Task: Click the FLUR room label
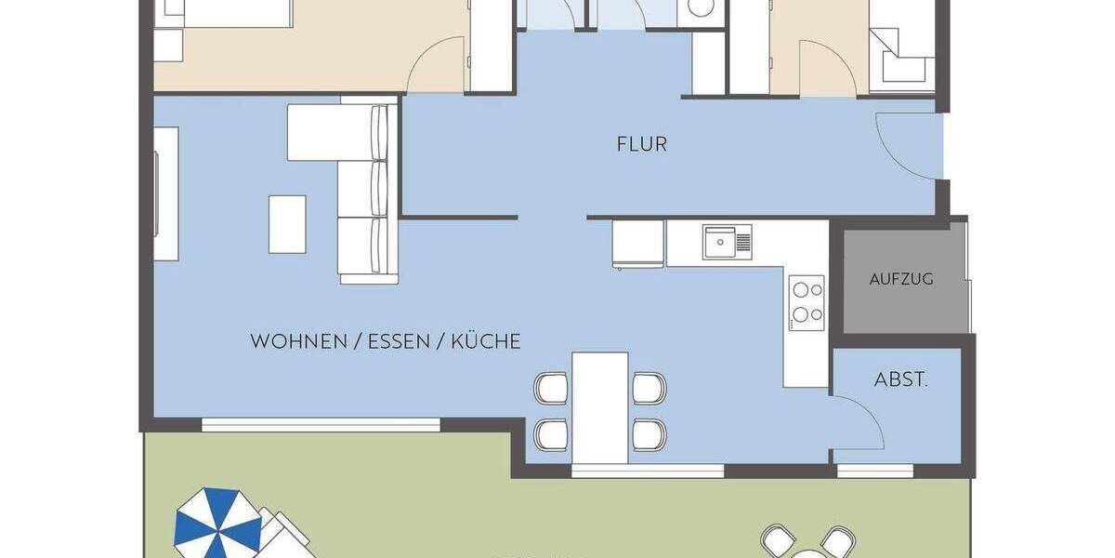pyautogui.click(x=641, y=144)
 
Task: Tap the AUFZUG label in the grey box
pyautogui.click(x=901, y=278)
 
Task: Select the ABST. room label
pyautogui.click(x=900, y=379)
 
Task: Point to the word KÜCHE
pyautogui.click(x=486, y=341)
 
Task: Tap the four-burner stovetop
pyautogui.click(x=807, y=301)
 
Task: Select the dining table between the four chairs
pyautogui.click(x=600, y=407)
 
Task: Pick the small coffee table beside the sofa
pyautogui.click(x=287, y=223)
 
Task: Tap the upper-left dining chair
pyautogui.click(x=551, y=388)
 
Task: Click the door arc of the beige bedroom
pyautogui.click(x=439, y=65)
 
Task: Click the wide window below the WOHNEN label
pyautogui.click(x=321, y=425)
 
